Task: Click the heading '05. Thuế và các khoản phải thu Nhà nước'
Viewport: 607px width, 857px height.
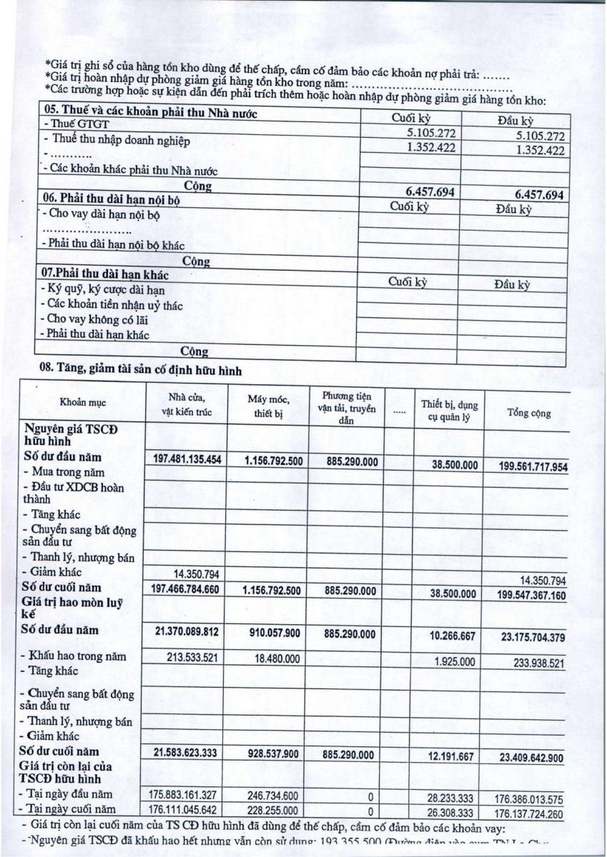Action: pos(151,114)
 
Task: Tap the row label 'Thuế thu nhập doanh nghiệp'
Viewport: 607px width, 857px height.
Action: pos(117,140)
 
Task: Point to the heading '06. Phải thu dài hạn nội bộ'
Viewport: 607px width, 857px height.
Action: pos(112,200)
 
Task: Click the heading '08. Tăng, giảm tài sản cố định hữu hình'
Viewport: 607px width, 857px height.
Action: pos(143,370)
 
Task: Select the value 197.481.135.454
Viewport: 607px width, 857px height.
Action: pos(188,460)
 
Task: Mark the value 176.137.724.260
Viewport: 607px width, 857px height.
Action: pos(528,812)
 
